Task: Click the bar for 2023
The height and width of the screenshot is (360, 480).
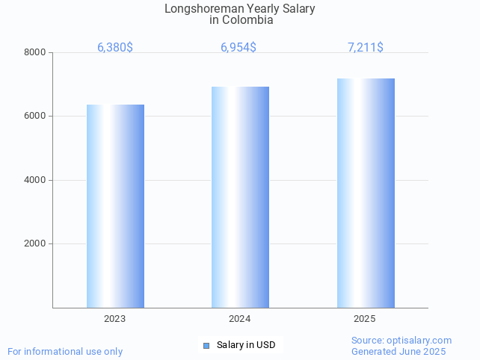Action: click(115, 206)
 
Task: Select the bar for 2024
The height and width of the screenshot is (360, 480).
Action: click(240, 197)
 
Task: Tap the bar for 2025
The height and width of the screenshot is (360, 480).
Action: click(366, 193)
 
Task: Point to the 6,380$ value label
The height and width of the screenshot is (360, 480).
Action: click(115, 48)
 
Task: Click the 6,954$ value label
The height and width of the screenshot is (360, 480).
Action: click(239, 48)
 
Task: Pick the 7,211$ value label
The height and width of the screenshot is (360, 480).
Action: click(366, 48)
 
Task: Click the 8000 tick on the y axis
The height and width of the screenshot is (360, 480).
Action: click(36, 52)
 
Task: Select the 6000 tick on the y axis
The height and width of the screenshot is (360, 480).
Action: click(36, 117)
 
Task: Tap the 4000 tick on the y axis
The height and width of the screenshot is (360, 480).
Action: click(36, 180)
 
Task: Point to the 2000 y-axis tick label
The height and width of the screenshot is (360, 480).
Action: click(36, 244)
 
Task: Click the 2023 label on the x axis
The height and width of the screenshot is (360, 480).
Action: click(115, 319)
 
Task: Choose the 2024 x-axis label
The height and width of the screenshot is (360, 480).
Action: click(240, 319)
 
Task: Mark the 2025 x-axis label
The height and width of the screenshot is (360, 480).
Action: click(365, 319)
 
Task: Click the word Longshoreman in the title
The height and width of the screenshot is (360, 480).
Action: click(197, 9)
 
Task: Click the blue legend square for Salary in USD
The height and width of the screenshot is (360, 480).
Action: click(206, 345)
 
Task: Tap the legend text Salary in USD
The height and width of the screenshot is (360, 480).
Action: click(246, 345)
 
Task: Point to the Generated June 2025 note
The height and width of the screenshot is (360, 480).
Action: click(399, 352)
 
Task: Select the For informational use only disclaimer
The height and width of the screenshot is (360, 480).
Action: click(65, 352)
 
